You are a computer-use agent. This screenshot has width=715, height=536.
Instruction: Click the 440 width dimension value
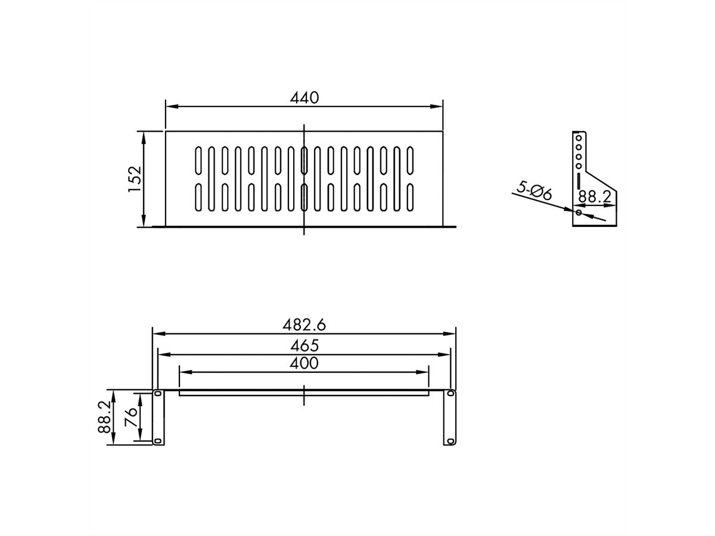(x=304, y=98)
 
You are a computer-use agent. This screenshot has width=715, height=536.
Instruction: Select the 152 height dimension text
(x=134, y=179)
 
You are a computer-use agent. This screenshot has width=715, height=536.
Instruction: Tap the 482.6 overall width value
(x=304, y=326)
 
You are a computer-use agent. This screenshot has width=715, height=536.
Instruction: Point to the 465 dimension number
(x=304, y=345)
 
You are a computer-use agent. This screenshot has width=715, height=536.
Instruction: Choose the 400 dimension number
(x=304, y=363)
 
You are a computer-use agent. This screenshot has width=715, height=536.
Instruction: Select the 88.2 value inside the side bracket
(x=595, y=195)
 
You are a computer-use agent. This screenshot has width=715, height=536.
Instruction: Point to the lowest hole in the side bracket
(x=579, y=211)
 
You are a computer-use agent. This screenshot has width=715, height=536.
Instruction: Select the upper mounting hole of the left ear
(x=157, y=394)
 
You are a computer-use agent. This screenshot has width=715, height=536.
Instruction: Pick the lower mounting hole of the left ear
(x=157, y=441)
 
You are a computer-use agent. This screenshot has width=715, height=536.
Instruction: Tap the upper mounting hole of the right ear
(x=450, y=394)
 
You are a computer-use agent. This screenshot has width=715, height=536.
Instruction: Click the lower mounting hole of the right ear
(x=450, y=441)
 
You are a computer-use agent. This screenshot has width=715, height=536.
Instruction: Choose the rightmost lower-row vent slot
(x=411, y=198)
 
